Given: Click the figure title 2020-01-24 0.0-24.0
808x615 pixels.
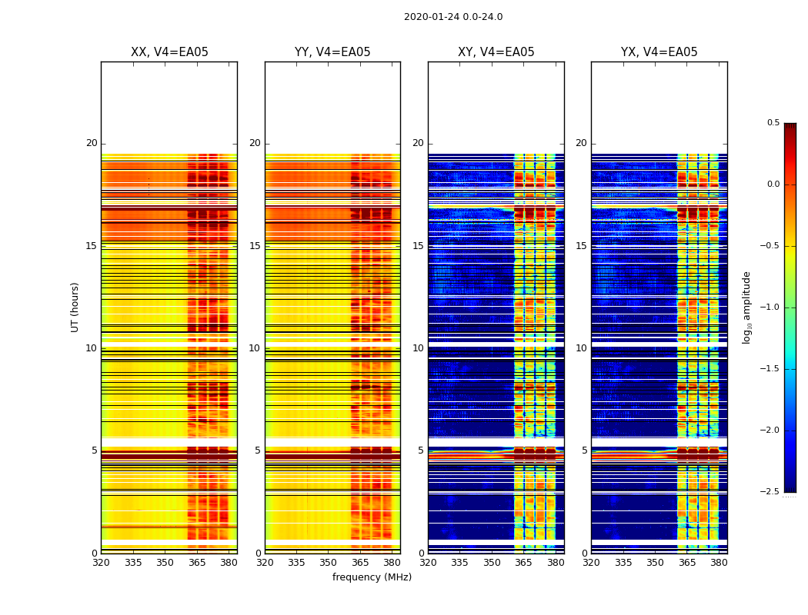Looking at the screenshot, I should [453, 17].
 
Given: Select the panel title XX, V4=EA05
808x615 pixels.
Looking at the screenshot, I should [169, 52].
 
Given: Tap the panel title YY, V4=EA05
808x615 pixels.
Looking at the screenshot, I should [332, 52].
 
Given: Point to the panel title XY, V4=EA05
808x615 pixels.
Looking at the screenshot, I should [496, 52].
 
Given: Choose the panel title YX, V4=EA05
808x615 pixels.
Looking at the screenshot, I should [659, 52].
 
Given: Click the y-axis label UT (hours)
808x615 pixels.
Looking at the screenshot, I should [75, 307].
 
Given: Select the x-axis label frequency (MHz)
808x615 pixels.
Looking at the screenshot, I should [372, 577].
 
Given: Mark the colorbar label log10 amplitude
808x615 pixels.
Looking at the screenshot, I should [746, 307].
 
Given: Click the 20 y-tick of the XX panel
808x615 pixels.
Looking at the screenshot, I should [92, 143].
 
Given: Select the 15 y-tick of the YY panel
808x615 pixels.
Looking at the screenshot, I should [255, 246].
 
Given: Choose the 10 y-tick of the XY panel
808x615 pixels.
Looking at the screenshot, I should [418, 348].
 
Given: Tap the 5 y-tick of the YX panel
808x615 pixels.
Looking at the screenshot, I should [583, 450].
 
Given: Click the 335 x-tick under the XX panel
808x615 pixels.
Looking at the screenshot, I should [133, 563].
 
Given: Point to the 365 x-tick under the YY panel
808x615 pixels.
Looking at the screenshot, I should [360, 563].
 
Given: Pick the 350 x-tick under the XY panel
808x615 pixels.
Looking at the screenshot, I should [492, 563].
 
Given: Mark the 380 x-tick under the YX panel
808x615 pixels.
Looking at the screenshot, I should [719, 563].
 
